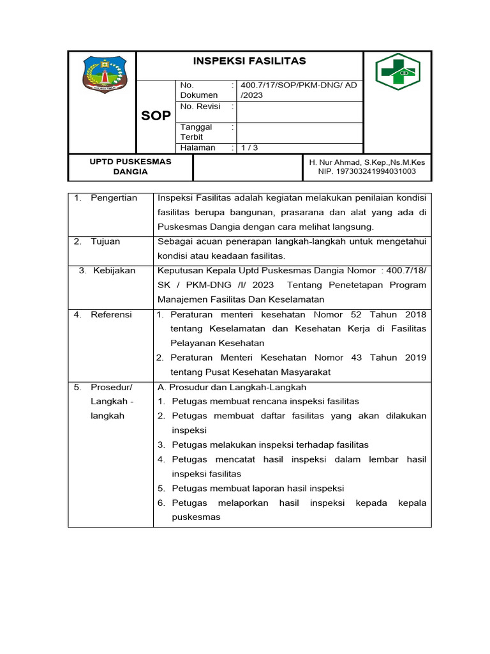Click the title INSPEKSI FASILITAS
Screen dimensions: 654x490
click(249, 61)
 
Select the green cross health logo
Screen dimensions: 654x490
click(397, 72)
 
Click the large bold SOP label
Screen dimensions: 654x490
click(156, 116)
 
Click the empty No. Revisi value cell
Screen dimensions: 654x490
click(299, 112)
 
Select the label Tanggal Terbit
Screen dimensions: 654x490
click(196, 132)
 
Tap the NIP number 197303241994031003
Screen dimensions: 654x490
click(366, 171)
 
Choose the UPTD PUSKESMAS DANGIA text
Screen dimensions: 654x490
click(130, 167)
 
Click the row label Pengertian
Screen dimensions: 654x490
click(114, 198)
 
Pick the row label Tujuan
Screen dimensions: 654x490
click(105, 241)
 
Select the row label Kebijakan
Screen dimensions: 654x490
click(114, 271)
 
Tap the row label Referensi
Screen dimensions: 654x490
click(111, 314)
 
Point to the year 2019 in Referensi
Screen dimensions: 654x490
click(415, 358)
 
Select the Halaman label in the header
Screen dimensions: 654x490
click(198, 148)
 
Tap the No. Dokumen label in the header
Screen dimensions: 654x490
click(199, 90)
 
